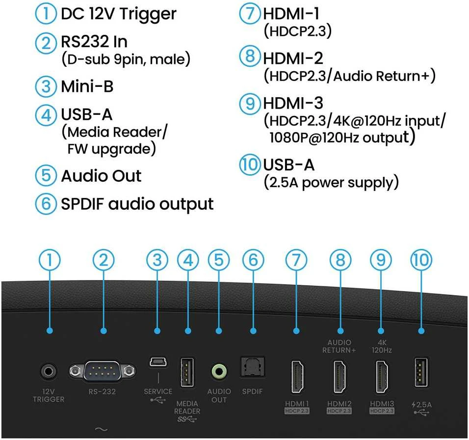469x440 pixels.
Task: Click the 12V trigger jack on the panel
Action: [48, 371]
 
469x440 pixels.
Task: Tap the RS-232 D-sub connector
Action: [103, 371]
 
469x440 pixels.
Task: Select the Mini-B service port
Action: [158, 361]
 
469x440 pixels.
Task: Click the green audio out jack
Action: [219, 371]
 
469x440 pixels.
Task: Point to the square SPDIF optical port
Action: [253, 367]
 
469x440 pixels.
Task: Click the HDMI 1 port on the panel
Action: [297, 377]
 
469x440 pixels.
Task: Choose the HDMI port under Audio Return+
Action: [339, 377]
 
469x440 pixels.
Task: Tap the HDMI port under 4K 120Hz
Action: [382, 377]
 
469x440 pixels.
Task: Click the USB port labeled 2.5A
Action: [421, 372]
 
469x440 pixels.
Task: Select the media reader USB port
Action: [187, 372]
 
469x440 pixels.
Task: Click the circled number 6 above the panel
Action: [253, 260]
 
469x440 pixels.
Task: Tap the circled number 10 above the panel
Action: [421, 260]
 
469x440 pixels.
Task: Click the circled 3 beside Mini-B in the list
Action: [46, 87]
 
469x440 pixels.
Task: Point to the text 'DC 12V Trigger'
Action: [118, 14]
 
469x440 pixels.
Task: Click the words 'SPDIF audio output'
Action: [137, 204]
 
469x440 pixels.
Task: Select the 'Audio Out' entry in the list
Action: [101, 176]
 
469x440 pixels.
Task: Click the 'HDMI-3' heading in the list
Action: [293, 103]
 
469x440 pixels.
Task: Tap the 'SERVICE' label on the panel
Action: [158, 391]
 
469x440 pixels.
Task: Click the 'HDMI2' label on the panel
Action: [339, 404]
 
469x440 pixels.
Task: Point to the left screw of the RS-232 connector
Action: [75, 371]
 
